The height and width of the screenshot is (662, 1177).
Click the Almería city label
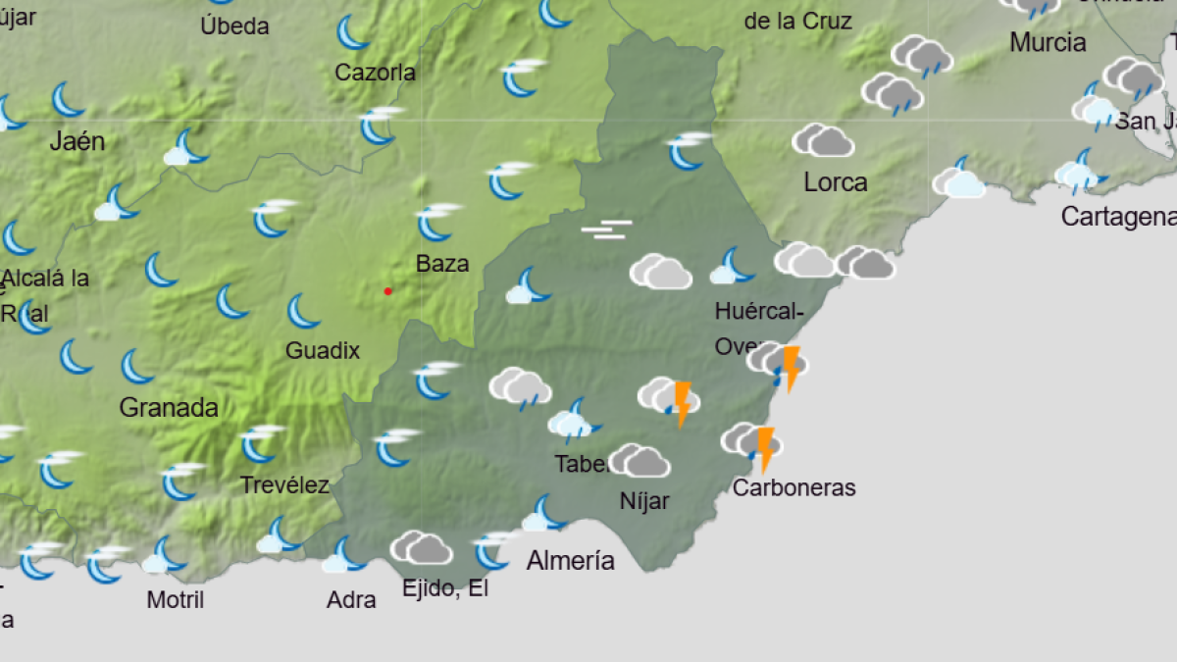[x=571, y=561]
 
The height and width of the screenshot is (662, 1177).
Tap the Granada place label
[x=169, y=408]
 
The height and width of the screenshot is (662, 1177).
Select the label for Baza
[x=442, y=264]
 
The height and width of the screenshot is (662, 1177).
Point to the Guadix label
[x=323, y=351]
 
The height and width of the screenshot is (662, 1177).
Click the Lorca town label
[x=836, y=182]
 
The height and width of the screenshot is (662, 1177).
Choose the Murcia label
[x=1048, y=43]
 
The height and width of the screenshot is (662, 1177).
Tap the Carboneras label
[x=794, y=487]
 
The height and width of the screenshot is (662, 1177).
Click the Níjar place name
[x=644, y=501]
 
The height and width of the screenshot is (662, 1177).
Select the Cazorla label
[x=375, y=73]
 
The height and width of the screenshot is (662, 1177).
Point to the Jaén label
[x=77, y=142]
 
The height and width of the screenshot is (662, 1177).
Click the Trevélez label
[x=284, y=485]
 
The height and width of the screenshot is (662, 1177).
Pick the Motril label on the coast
[x=176, y=599]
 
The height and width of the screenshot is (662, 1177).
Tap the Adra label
[x=351, y=599]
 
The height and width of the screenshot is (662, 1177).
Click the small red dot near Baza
[x=388, y=291]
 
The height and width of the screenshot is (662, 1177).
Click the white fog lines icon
[x=607, y=230]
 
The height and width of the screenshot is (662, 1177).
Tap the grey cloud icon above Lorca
[x=822, y=140]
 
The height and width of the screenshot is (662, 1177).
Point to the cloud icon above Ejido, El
[x=421, y=547]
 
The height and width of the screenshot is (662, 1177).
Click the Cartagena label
[x=1119, y=217]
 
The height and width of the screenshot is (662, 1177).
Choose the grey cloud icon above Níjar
[x=639, y=460]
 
